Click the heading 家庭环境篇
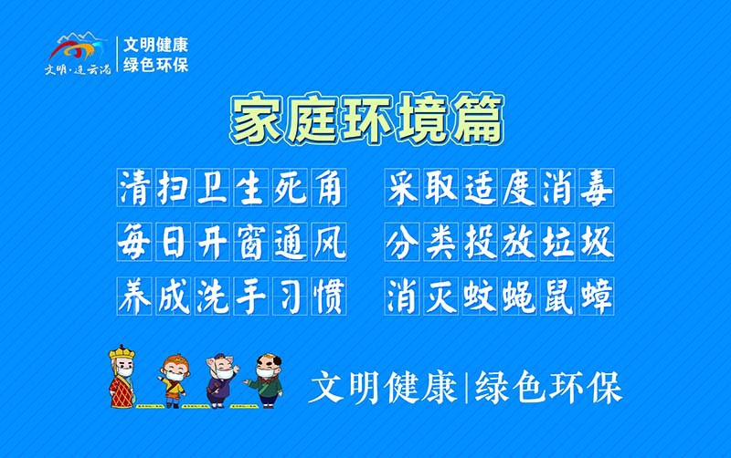click(x=366, y=118)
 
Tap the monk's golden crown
click(x=122, y=353)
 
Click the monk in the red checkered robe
click(x=122, y=388)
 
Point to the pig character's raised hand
click(x=236, y=367)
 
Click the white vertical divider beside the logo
click(x=117, y=55)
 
